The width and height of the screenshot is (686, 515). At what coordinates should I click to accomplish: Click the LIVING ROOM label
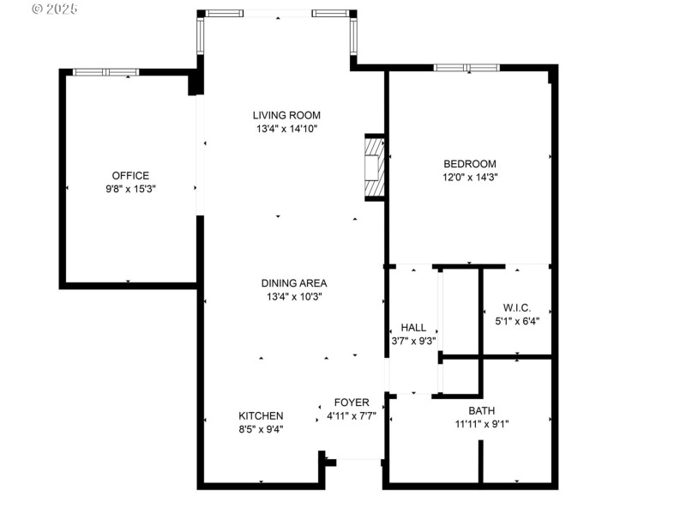[286, 115]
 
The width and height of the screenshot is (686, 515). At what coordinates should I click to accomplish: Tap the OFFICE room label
[130, 175]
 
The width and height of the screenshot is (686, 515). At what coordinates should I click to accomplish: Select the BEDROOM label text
[469, 164]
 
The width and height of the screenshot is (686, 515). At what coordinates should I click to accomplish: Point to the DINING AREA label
[294, 283]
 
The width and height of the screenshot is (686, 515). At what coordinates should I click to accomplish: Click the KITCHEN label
[261, 415]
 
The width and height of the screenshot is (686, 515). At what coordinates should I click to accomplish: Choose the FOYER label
[352, 402]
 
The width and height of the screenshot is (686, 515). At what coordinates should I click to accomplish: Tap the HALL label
[413, 327]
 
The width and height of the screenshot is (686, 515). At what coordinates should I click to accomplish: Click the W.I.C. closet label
[517, 307]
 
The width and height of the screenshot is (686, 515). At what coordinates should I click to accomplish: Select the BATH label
[481, 410]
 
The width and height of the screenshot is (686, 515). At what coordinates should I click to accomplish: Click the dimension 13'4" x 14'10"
[286, 130]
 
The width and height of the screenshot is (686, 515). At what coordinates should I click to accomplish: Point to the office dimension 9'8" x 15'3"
[130, 189]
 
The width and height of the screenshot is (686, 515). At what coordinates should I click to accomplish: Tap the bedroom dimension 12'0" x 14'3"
[469, 178]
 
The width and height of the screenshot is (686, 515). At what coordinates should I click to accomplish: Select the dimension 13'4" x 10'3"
[294, 297]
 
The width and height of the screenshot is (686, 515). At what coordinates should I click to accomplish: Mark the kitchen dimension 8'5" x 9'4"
[261, 429]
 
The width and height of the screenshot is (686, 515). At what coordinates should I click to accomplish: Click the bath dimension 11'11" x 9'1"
[481, 423]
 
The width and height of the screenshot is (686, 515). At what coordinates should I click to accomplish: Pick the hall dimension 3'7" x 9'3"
[413, 341]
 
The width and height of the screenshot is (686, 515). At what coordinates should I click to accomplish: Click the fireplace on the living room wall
[374, 167]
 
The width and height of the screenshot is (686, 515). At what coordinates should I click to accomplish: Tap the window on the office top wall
[105, 72]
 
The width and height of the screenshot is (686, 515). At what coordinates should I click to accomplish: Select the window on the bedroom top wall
[466, 68]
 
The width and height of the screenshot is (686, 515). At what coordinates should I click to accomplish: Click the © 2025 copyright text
[54, 9]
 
